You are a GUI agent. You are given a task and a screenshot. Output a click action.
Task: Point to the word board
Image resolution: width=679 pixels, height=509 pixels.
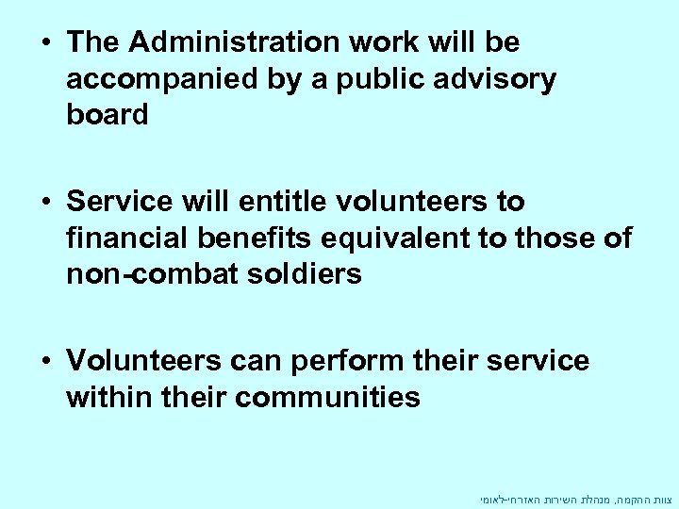(108, 115)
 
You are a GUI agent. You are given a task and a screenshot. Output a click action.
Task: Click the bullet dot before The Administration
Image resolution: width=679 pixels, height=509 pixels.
(45, 43)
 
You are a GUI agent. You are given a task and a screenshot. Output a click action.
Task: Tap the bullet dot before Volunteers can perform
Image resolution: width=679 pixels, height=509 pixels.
(45, 361)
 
